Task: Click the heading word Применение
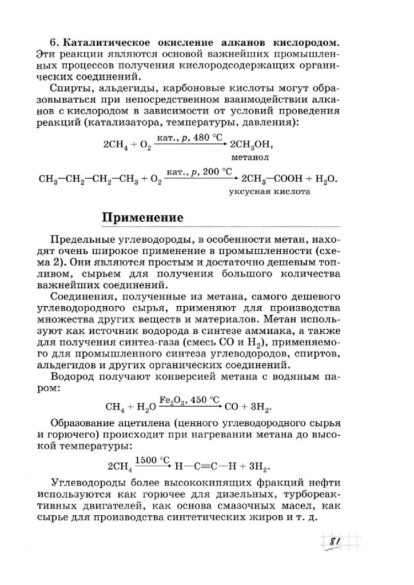pyautogui.click(x=142, y=218)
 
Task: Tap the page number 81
pyautogui.click(x=335, y=542)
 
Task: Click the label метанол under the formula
pyautogui.click(x=250, y=155)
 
